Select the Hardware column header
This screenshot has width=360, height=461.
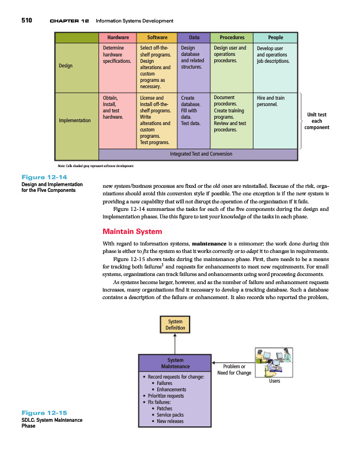point(117,37)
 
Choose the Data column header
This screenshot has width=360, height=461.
point(194,37)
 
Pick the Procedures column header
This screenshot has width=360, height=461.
point(232,37)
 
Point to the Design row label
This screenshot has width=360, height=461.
point(66,66)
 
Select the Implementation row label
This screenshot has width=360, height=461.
point(75,120)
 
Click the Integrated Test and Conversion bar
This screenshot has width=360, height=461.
point(201,154)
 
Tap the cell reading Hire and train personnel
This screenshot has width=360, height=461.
point(271,101)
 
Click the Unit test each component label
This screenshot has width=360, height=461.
point(317,121)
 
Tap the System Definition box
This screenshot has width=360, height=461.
point(175,324)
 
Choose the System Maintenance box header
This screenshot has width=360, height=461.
point(175,363)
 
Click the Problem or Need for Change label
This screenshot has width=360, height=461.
point(234,369)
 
